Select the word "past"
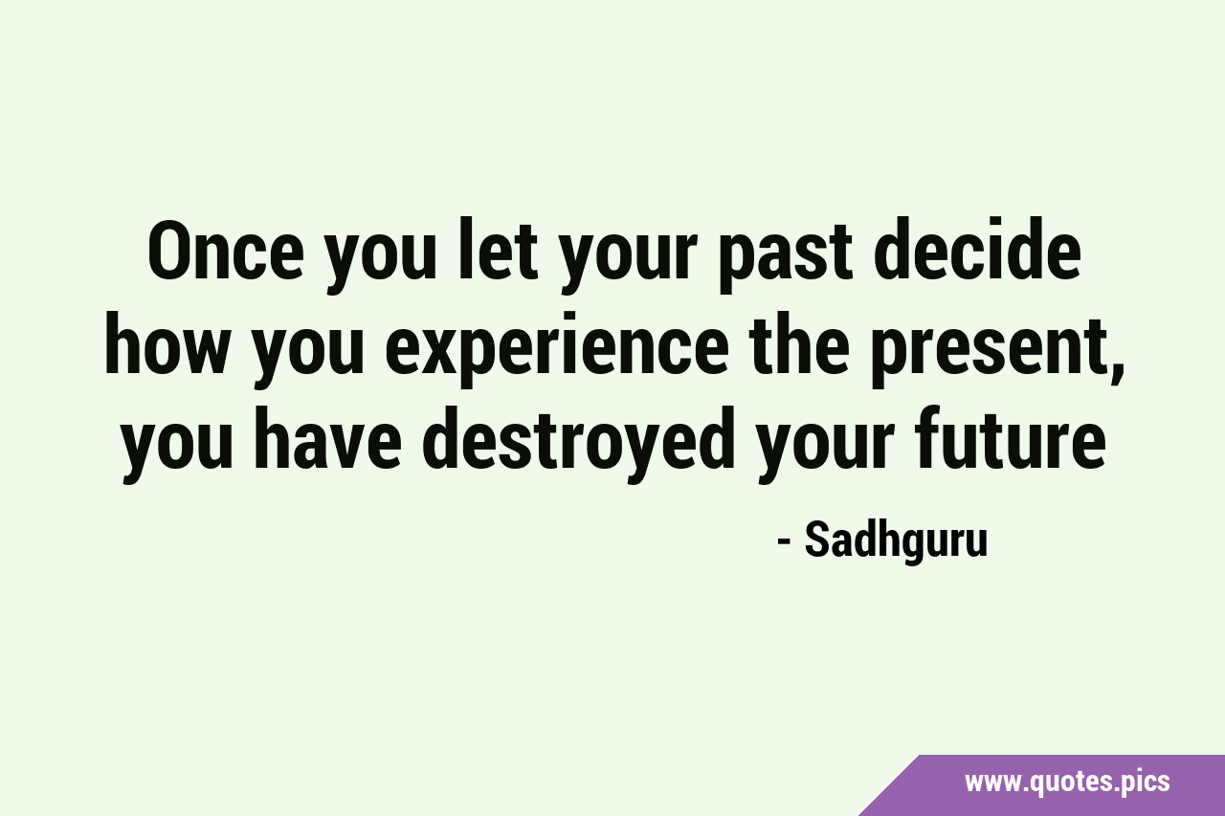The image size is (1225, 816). tap(786, 257)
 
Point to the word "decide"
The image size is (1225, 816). tap(977, 250)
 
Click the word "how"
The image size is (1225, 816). tap(166, 343)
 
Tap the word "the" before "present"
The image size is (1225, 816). tap(799, 343)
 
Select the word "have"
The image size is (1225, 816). tap(327, 437)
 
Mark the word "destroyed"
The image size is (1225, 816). tap(579, 443)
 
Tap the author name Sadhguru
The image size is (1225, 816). tap(896, 541)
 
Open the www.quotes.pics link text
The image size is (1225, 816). tap(1067, 783)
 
